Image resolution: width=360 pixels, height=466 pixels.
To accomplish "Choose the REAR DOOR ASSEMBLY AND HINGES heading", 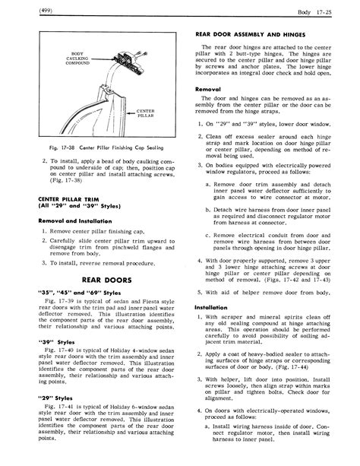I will click(x=246, y=35).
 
